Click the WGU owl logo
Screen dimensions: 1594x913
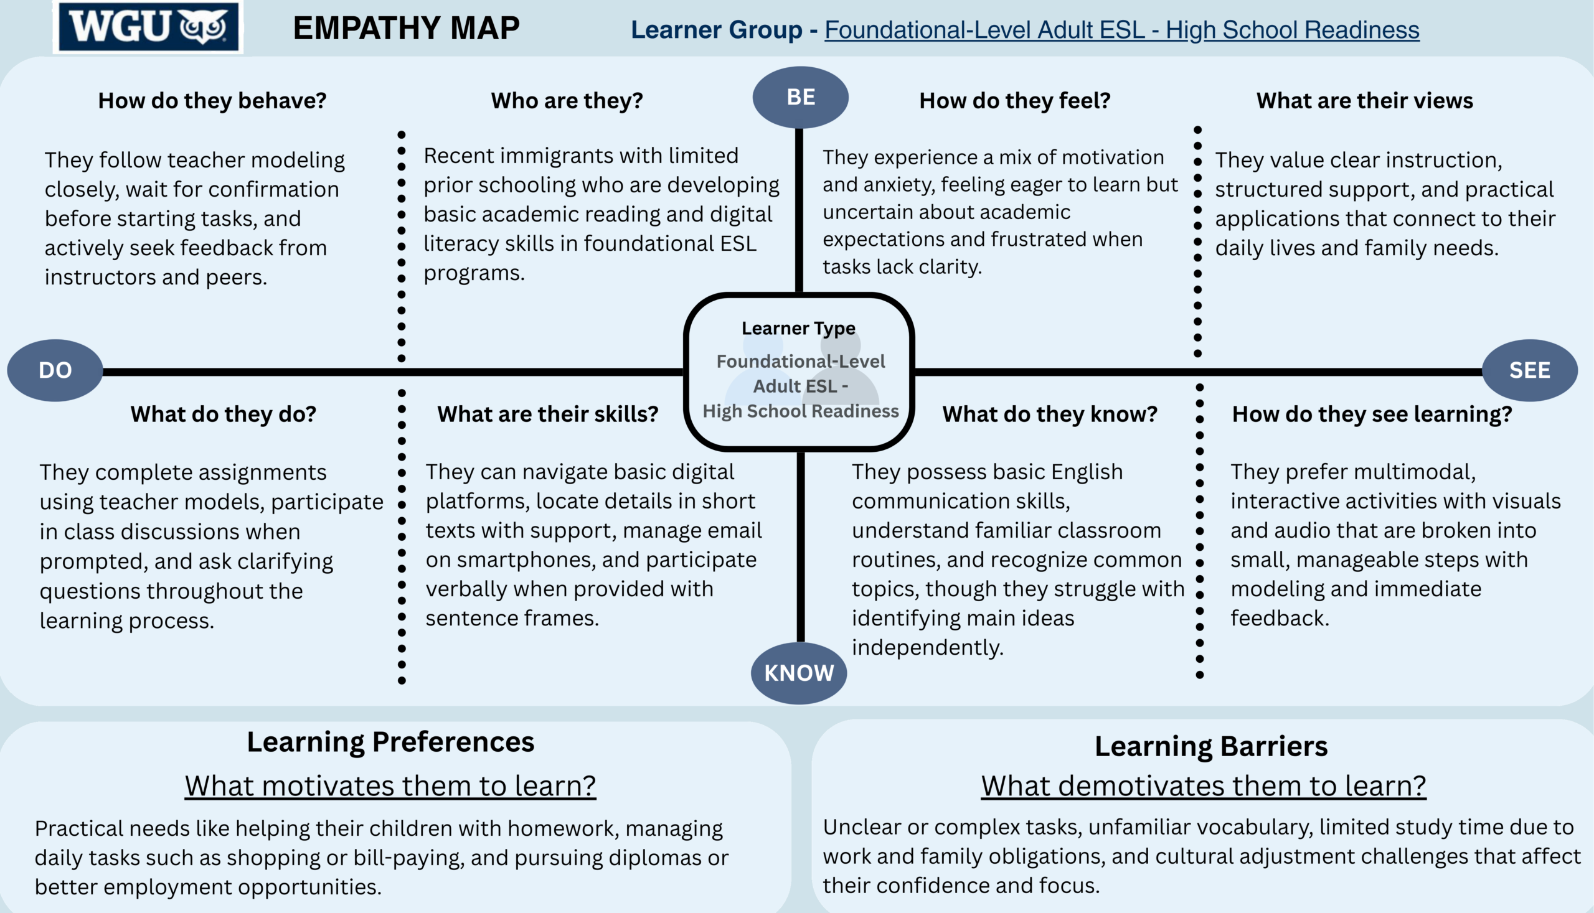point(148,27)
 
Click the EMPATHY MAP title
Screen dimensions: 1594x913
point(407,28)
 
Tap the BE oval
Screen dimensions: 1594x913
point(801,97)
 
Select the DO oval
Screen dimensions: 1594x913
point(55,370)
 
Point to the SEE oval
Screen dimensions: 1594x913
point(1529,370)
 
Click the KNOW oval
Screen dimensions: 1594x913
point(799,673)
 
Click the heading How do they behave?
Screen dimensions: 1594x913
point(212,100)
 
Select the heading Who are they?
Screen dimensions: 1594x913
point(567,100)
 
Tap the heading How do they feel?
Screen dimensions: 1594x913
point(1015,100)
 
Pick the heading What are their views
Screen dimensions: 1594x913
point(1364,100)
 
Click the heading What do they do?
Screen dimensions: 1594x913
point(224,414)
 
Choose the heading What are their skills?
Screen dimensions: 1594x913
point(548,414)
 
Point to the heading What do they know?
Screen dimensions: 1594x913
point(1050,414)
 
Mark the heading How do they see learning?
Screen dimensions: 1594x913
point(1372,414)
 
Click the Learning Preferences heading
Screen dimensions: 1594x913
point(390,742)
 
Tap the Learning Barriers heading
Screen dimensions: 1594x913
point(1210,746)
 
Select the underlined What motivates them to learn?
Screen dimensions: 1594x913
point(390,785)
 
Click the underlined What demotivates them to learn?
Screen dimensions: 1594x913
point(1203,785)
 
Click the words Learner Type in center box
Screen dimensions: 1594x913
point(798,328)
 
